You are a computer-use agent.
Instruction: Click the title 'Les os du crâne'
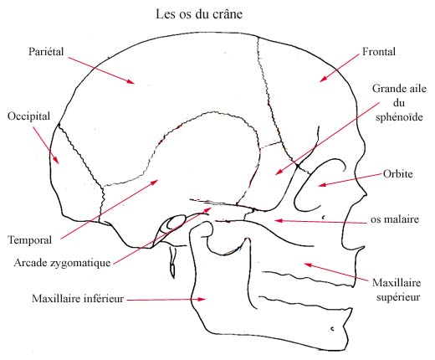pyautogui.click(x=199, y=14)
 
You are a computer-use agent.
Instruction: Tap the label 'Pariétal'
pyautogui.click(x=46, y=51)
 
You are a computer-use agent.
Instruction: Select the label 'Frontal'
pyautogui.click(x=379, y=51)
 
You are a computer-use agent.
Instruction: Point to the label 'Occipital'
pyautogui.click(x=28, y=116)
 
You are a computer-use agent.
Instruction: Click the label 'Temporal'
pyautogui.click(x=30, y=240)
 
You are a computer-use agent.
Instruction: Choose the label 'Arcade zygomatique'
pyautogui.click(x=62, y=263)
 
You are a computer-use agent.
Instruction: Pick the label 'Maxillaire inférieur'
pyautogui.click(x=78, y=299)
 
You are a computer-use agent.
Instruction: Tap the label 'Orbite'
pyautogui.click(x=397, y=174)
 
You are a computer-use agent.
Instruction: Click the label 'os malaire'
pyautogui.click(x=395, y=219)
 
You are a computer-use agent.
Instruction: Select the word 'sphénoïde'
pyautogui.click(x=399, y=116)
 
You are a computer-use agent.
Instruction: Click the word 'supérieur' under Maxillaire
pyautogui.click(x=398, y=297)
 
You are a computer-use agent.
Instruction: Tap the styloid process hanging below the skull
pyautogui.click(x=173, y=262)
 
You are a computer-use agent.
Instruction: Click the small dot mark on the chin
pyautogui.click(x=332, y=329)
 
